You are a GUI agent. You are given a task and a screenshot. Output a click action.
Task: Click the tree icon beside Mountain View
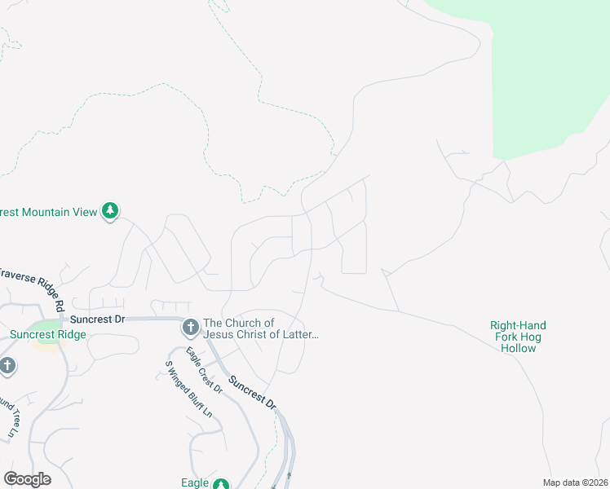tap(110, 212)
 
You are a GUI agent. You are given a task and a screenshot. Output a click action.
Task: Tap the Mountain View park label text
tap(49, 212)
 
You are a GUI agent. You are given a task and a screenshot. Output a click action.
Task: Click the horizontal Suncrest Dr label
tap(97, 319)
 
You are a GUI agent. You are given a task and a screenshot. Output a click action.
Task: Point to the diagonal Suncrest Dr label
tap(253, 393)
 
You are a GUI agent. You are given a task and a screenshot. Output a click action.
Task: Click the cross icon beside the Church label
tap(190, 328)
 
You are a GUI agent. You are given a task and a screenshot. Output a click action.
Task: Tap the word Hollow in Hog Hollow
tap(519, 348)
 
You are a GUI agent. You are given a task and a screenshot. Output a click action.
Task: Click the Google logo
tap(27, 479)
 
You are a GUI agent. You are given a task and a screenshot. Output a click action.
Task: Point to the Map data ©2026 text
tap(575, 482)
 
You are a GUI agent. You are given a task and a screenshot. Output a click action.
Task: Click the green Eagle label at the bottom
tap(195, 482)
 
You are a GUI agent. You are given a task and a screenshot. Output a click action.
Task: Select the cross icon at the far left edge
tap(7, 365)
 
